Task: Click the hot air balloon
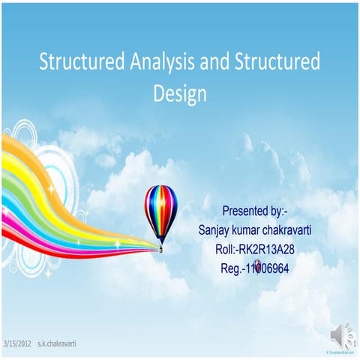click(160, 210)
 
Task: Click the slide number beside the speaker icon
click(352, 343)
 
